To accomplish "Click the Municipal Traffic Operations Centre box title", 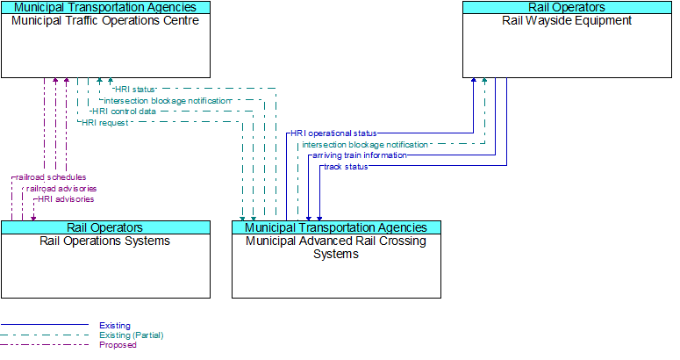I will (105, 20).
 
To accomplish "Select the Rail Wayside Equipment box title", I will (567, 20).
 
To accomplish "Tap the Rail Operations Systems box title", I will (105, 241).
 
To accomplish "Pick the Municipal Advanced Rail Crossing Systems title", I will (336, 247).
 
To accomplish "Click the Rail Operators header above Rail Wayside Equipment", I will (567, 7).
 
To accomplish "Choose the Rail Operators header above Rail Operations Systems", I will (105, 227).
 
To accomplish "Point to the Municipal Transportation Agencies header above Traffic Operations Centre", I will (105, 7).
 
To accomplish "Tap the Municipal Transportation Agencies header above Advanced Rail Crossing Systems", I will (336, 227).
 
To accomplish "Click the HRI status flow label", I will (134, 89).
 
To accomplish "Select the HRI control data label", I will (124, 112).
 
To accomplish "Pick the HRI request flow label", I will (104, 123).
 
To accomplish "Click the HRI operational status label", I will (333, 133).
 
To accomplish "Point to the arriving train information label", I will (359, 155).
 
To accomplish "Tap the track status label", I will (345, 167).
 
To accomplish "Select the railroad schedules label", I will (51, 177).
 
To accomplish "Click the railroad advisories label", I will (61, 188).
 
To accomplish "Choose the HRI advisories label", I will (66, 199).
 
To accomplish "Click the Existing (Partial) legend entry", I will (131, 335).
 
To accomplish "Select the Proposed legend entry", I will (118, 345).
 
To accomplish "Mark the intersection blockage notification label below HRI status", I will (167, 100).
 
